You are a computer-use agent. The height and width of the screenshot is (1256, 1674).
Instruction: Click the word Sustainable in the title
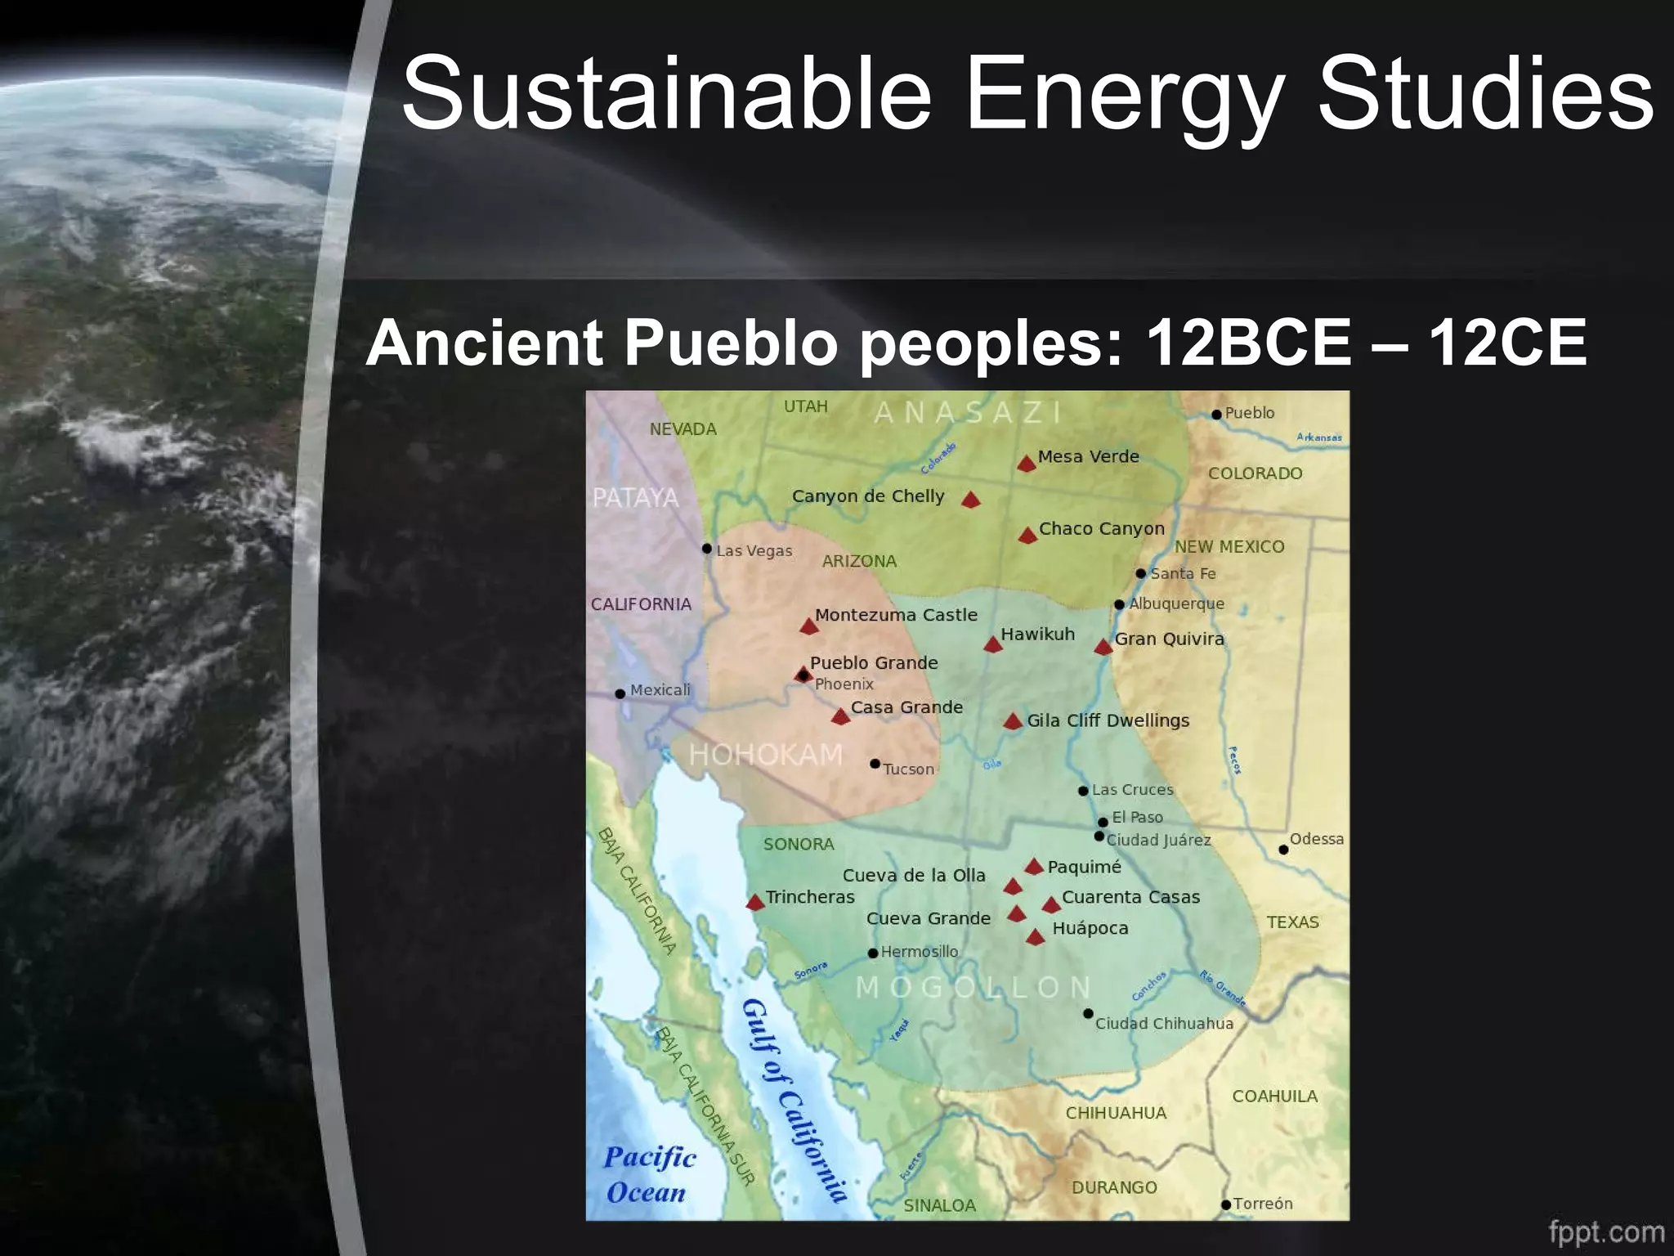coord(666,92)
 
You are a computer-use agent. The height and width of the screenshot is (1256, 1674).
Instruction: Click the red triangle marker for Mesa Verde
coord(1027,464)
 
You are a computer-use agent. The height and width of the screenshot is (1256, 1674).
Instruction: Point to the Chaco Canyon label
coord(1101,529)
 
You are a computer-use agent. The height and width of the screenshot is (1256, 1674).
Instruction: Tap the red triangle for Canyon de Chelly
coord(970,500)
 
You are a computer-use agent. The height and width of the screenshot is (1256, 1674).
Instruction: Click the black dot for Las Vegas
coord(707,549)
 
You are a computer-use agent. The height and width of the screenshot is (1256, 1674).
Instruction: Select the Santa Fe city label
coord(1183,574)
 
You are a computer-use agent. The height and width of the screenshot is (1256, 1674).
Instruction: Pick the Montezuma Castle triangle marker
coord(808,626)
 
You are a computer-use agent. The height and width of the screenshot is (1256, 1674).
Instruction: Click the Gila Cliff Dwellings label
coord(1108,720)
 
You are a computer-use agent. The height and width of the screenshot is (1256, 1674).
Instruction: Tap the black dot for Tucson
coord(875,764)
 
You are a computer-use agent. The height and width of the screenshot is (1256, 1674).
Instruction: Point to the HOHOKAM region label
coord(765,754)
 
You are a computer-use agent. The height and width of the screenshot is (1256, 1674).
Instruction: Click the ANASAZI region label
coord(968,413)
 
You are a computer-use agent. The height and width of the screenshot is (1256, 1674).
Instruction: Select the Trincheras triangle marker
coord(755,902)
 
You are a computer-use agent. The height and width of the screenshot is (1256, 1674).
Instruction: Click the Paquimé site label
coord(1084,867)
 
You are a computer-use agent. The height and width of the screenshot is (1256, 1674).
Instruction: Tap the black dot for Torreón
coord(1226,1204)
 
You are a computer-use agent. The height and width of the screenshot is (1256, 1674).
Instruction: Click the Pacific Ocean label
coord(648,1175)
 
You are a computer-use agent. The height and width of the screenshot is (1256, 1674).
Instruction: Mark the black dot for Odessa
coord(1283,850)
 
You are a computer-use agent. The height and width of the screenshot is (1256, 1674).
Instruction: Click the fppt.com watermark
coord(1605,1231)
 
